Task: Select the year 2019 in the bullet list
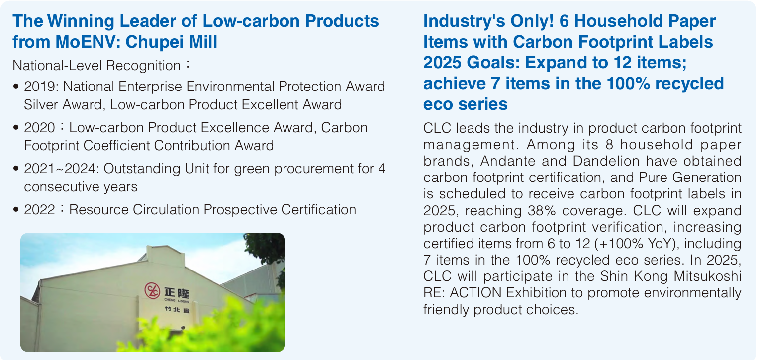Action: click(39, 87)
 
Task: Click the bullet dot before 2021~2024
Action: click(16, 168)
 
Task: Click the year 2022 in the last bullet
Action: click(39, 210)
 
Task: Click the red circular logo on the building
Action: click(152, 290)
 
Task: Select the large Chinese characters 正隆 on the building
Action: click(177, 293)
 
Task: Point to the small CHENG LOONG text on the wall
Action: click(177, 300)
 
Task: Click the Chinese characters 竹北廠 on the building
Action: click(177, 309)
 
